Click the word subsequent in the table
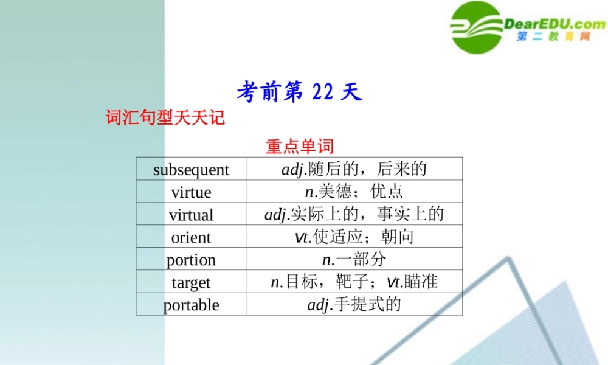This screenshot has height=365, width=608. coord(191,170)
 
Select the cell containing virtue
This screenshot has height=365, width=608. coord(191,192)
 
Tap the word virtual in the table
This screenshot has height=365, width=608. coord(191,215)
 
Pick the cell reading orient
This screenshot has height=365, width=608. coord(191,237)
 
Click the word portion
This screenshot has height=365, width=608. coord(191,260)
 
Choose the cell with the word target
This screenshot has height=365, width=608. coord(191,282)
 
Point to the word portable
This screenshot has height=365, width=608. coord(191,305)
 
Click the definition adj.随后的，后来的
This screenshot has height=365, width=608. coord(354,169)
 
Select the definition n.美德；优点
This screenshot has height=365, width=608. coord(354,192)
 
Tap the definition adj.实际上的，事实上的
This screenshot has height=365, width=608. coord(354,214)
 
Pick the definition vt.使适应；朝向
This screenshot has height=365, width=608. coord(354,237)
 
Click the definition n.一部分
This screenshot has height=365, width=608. coord(354,260)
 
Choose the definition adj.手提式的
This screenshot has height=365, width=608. coord(354,304)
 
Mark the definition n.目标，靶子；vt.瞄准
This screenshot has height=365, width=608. coord(354,282)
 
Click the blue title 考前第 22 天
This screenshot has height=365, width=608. coord(299,92)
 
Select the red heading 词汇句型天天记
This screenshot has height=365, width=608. coord(165,117)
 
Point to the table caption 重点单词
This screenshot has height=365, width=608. coord(300,146)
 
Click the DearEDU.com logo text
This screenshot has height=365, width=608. coord(554,24)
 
